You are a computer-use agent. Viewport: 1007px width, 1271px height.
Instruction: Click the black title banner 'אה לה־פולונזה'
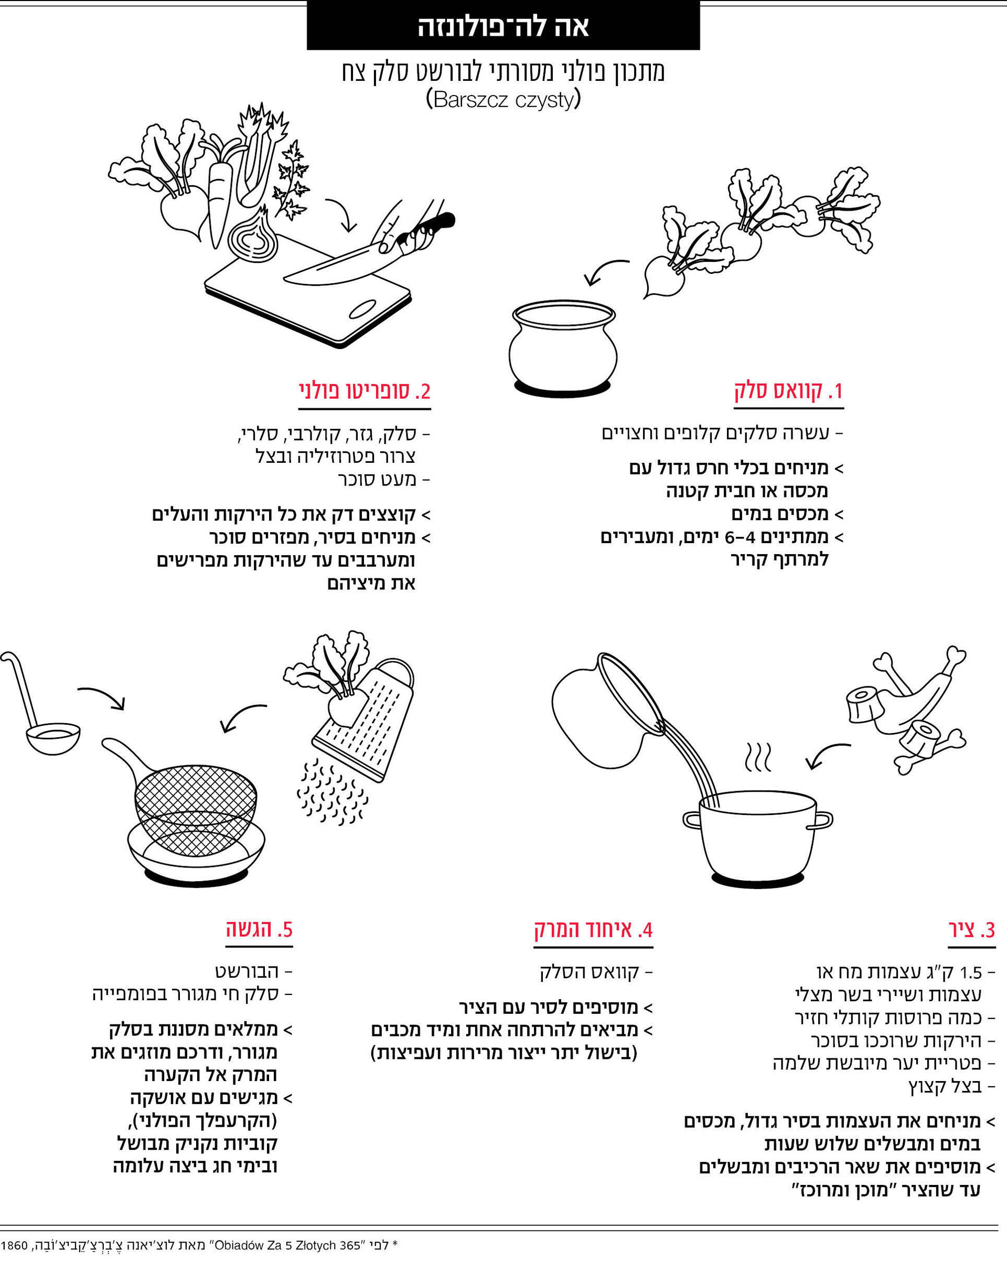point(503,26)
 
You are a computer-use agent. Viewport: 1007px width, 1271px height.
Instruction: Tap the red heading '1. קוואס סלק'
point(789,391)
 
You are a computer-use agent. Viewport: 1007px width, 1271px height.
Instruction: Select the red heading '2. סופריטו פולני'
point(365,391)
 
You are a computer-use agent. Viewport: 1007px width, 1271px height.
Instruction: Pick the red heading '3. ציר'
point(972,930)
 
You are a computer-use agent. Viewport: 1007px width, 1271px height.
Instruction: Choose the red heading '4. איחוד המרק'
point(593,930)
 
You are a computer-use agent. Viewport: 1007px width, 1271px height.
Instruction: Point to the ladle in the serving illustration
point(41,707)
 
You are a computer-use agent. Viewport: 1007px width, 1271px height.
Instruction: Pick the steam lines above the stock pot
point(758,758)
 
